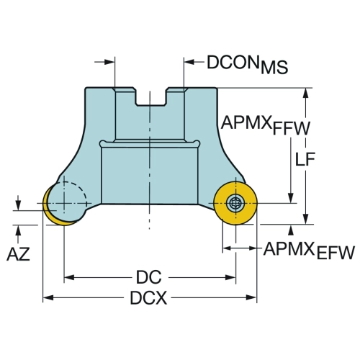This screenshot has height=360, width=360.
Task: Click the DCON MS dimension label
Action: [x=247, y=64]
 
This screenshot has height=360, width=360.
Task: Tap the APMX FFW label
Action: [x=266, y=125]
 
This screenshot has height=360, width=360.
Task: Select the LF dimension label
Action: [x=305, y=159]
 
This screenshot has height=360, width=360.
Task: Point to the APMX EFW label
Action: [x=309, y=251]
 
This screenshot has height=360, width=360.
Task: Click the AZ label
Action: [x=18, y=254]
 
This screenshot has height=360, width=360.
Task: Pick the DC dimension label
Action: [x=149, y=277]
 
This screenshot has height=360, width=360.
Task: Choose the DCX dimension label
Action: [x=148, y=298]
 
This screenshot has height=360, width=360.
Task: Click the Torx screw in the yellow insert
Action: [x=235, y=204]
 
